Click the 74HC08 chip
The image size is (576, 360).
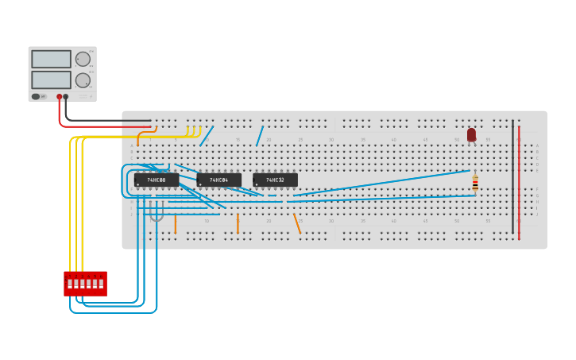click(x=156, y=180)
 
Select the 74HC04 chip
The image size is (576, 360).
click(x=218, y=180)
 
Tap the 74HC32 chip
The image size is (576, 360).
click(x=275, y=180)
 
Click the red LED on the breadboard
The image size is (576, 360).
click(x=471, y=135)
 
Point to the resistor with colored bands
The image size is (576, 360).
click(x=475, y=184)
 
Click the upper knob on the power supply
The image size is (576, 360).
click(x=83, y=59)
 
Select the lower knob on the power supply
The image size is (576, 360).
click(x=83, y=80)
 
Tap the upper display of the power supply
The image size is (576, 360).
click(x=51, y=59)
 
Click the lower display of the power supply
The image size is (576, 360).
click(x=51, y=80)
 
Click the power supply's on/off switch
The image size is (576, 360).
click(x=36, y=96)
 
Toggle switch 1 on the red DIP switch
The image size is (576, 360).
click(x=70, y=284)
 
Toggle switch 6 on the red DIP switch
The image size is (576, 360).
click(x=101, y=284)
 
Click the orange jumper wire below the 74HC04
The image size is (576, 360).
click(x=238, y=223)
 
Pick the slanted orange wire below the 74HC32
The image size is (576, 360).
click(x=297, y=223)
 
